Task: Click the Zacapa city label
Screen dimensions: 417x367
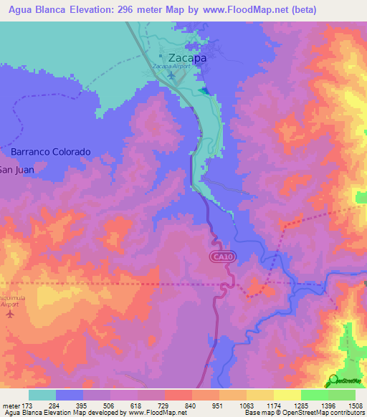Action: [x=187, y=58]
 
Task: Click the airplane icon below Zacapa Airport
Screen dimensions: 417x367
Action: [x=171, y=75]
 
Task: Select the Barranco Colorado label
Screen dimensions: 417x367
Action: [x=51, y=152]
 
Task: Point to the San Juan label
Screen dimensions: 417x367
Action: [x=16, y=170]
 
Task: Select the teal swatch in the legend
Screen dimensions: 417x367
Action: [x=42, y=395]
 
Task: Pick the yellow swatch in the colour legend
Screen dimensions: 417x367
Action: [x=287, y=395]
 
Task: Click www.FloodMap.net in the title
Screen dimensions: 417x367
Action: [x=242, y=9]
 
